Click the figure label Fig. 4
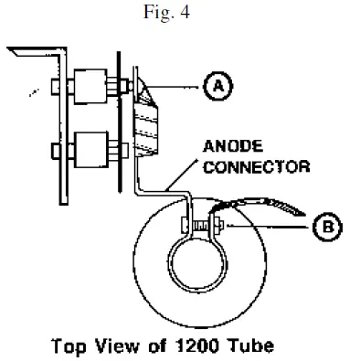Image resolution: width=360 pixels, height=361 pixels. click(180, 13)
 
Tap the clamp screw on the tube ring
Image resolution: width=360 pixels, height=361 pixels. click(196, 223)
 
